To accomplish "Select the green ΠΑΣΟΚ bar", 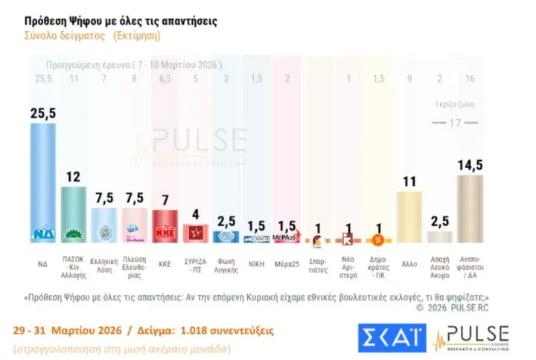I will (x=73, y=212).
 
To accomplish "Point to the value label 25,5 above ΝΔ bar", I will (x=42, y=113).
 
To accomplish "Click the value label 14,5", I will (x=470, y=164).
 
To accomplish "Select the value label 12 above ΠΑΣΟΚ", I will (x=73, y=177).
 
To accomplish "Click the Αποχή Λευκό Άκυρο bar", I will (x=439, y=237).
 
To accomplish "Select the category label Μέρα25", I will (x=286, y=263).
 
